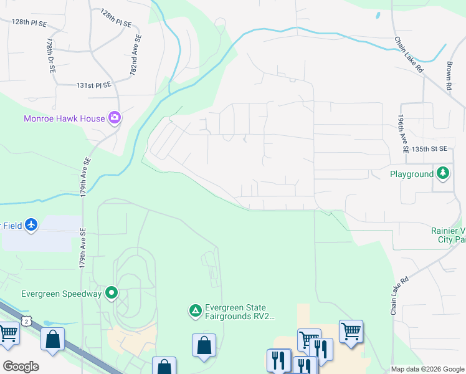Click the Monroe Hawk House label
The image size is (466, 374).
coord(65,118)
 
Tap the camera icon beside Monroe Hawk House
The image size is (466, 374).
coord(114,117)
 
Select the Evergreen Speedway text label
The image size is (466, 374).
coord(61,294)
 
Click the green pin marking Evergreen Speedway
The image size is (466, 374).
coord(112,292)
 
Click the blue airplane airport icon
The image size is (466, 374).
coord(32,225)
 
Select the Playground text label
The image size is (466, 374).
coord(411,175)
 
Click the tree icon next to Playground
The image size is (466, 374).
coord(443,173)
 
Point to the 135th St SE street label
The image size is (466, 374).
coord(430,150)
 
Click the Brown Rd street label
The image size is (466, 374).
coord(449,75)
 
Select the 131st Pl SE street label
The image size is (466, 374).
coord(93,85)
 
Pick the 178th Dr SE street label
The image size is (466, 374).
coord(50,54)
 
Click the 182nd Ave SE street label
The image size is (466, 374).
coord(135,55)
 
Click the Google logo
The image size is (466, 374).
coord(21,366)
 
